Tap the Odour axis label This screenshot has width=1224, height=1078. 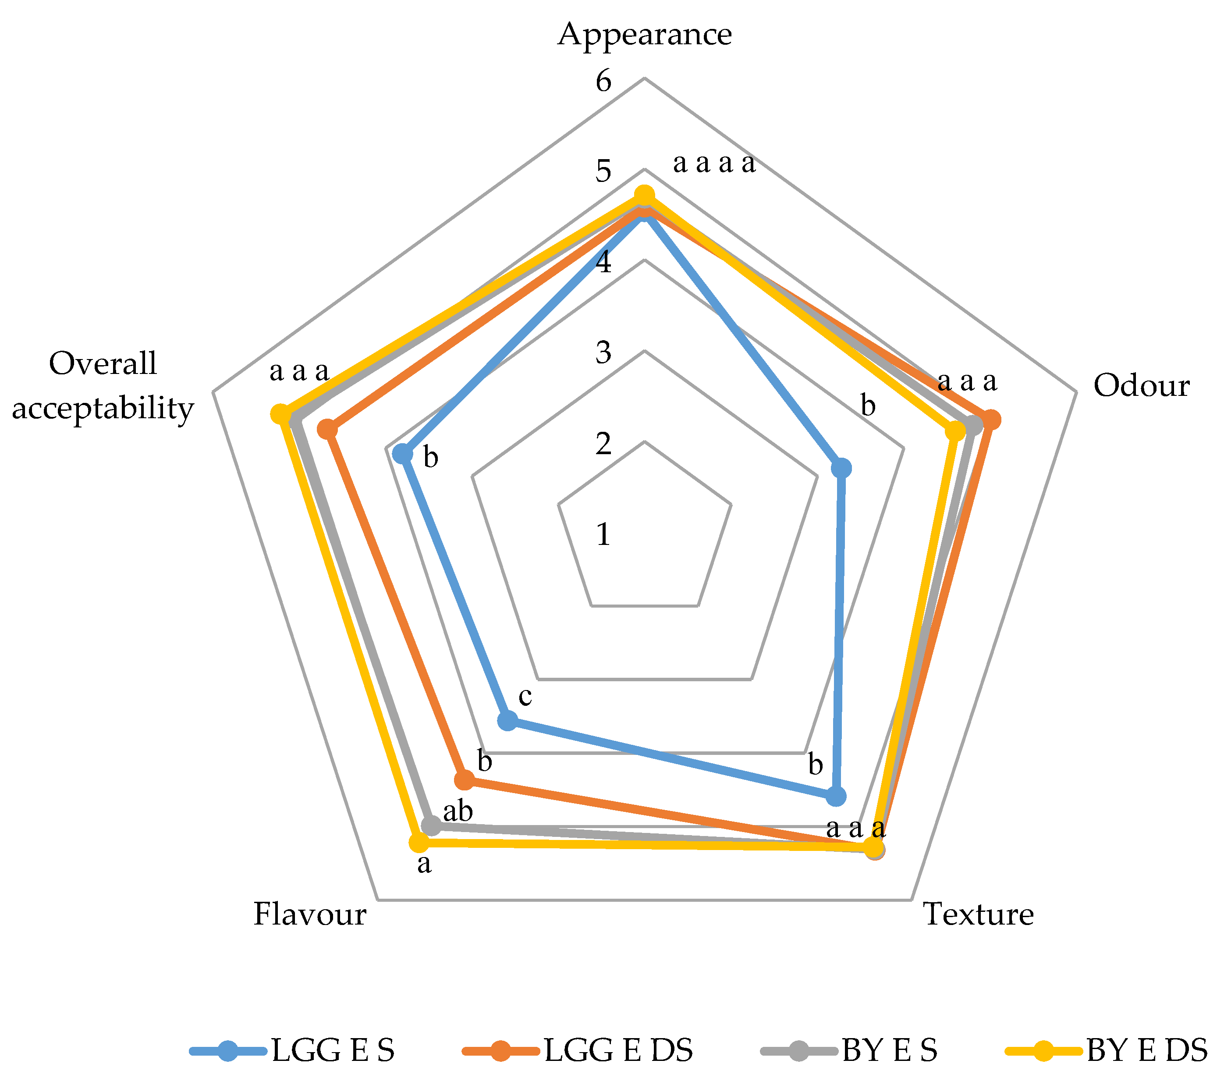[x=1141, y=386]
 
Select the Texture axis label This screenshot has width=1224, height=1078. [x=979, y=914]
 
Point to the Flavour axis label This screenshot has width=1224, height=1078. [x=309, y=914]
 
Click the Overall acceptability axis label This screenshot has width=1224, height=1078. [x=103, y=386]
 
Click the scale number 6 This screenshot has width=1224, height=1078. [x=603, y=81]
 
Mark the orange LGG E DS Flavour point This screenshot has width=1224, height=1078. [x=464, y=780]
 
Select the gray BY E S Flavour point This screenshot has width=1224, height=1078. [x=430, y=826]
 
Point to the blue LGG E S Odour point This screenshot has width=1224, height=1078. [x=842, y=468]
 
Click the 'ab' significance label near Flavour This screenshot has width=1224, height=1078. [x=458, y=812]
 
